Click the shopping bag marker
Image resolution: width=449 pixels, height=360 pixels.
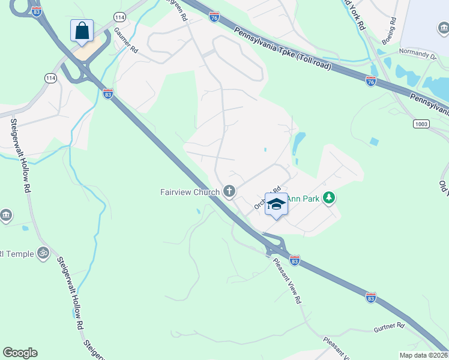pyautogui.click(x=81, y=31)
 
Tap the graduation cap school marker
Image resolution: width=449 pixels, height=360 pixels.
pyautogui.click(x=276, y=205)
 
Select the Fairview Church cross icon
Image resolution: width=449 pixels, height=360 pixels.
pyautogui.click(x=229, y=191)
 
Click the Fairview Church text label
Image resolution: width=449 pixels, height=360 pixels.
pyautogui.click(x=189, y=192)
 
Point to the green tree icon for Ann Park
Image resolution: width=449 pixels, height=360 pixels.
pyautogui.click(x=328, y=197)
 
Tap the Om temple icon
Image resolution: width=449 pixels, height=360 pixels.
pyautogui.click(x=43, y=252)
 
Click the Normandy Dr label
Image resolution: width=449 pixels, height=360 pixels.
pyautogui.click(x=418, y=55)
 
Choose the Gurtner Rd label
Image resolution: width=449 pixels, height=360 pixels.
pyautogui.click(x=389, y=326)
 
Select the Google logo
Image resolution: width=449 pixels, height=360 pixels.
pyautogui.click(x=20, y=353)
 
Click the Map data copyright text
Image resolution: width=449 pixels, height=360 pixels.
pyautogui.click(x=424, y=355)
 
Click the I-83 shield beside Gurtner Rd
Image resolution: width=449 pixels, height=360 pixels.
pyautogui.click(x=371, y=298)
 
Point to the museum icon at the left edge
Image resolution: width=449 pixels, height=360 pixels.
pyautogui.click(x=5, y=215)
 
